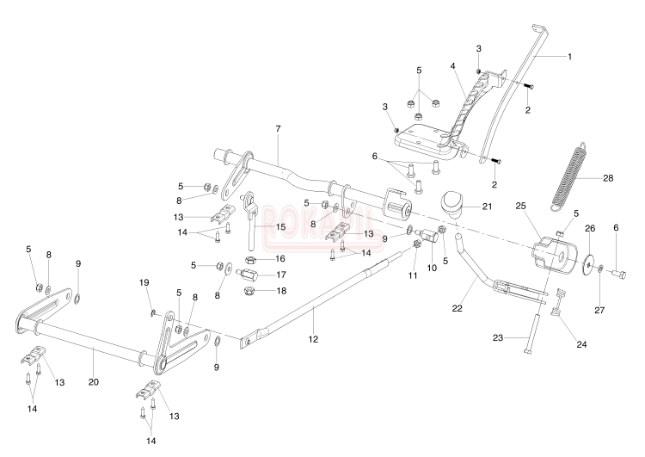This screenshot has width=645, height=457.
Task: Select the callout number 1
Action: click(x=568, y=56)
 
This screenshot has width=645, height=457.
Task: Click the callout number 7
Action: click(x=278, y=128)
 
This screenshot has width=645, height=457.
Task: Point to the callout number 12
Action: click(x=313, y=340)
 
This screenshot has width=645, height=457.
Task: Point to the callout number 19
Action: click(x=144, y=282)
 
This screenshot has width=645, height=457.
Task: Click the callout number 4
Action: click(x=451, y=65)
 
